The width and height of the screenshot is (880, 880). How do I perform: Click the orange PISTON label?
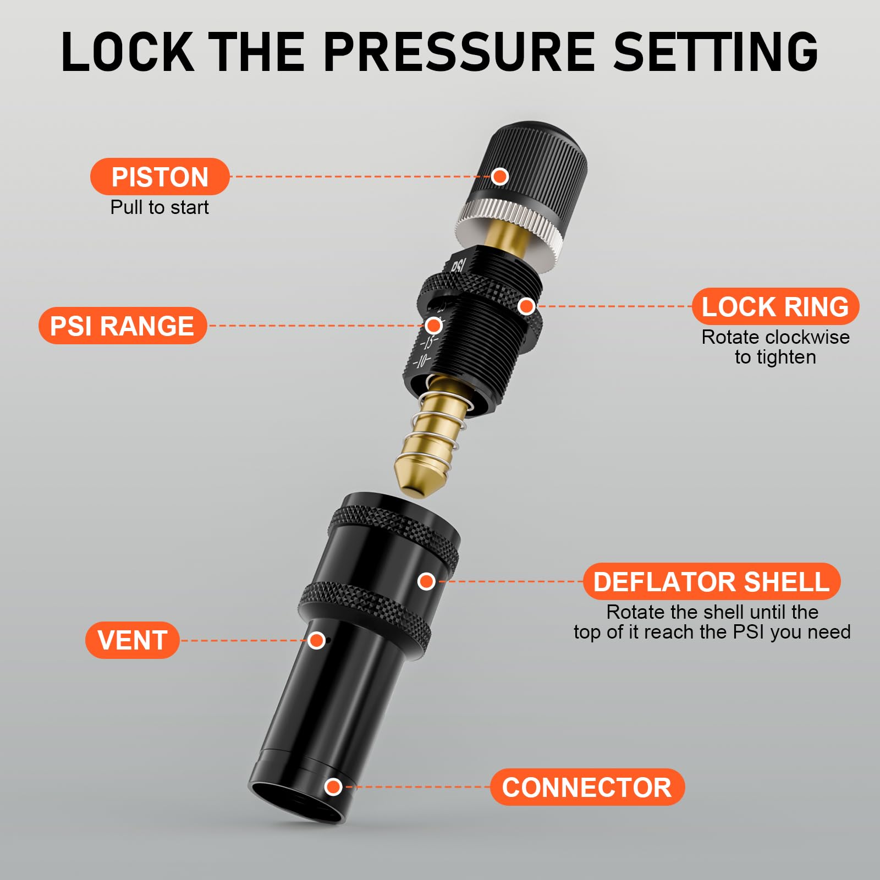159,177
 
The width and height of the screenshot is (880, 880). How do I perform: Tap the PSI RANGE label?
122,326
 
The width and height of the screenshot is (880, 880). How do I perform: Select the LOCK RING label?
775,306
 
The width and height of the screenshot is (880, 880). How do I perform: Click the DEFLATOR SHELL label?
711,581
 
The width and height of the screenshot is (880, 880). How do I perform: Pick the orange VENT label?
132,640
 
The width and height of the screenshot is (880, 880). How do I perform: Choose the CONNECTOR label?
587,787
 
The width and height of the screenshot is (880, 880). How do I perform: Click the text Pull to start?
159,207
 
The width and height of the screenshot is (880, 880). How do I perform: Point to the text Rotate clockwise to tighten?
775,347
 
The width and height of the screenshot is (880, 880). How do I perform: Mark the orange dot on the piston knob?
499,177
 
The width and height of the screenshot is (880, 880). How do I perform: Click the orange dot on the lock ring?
526,306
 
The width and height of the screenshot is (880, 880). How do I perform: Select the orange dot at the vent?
316,640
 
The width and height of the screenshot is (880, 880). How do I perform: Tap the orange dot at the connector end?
333,787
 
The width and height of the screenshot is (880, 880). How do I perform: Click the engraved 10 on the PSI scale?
422,361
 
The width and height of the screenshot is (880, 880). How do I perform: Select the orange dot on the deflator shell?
426,581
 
